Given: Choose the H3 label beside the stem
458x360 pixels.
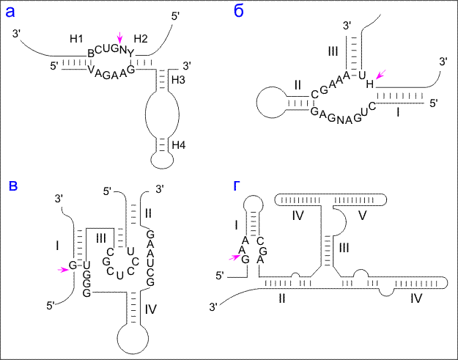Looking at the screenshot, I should coord(179,78).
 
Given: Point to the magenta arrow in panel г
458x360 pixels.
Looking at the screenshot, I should coord(236,256).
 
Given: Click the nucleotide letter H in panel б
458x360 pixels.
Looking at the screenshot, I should coord(370,84).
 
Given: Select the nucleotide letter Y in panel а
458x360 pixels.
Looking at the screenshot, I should coord(131,53).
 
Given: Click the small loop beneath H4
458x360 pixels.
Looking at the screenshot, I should coord(159,158).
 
